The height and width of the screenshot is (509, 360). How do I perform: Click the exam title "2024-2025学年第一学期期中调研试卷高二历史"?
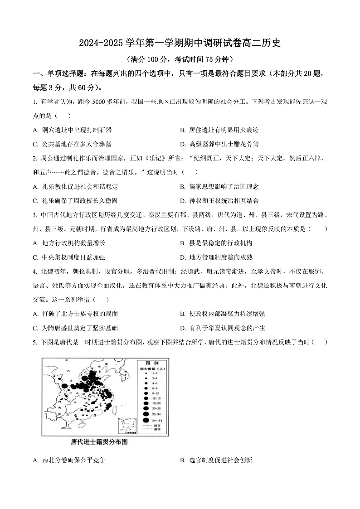tap(180, 44)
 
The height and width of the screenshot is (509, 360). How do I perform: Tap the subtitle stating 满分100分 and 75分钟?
tap(180, 59)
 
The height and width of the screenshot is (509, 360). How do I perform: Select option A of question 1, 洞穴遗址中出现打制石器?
tap(73, 130)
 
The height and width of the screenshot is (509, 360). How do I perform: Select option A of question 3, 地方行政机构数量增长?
tap(73, 243)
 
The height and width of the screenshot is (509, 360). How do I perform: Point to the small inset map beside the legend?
tap(127, 427)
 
